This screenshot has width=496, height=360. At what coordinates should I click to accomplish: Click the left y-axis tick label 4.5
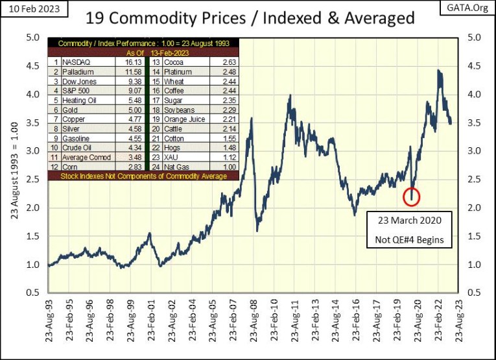[32, 66]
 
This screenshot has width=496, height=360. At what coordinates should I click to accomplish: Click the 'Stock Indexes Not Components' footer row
[143, 176]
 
